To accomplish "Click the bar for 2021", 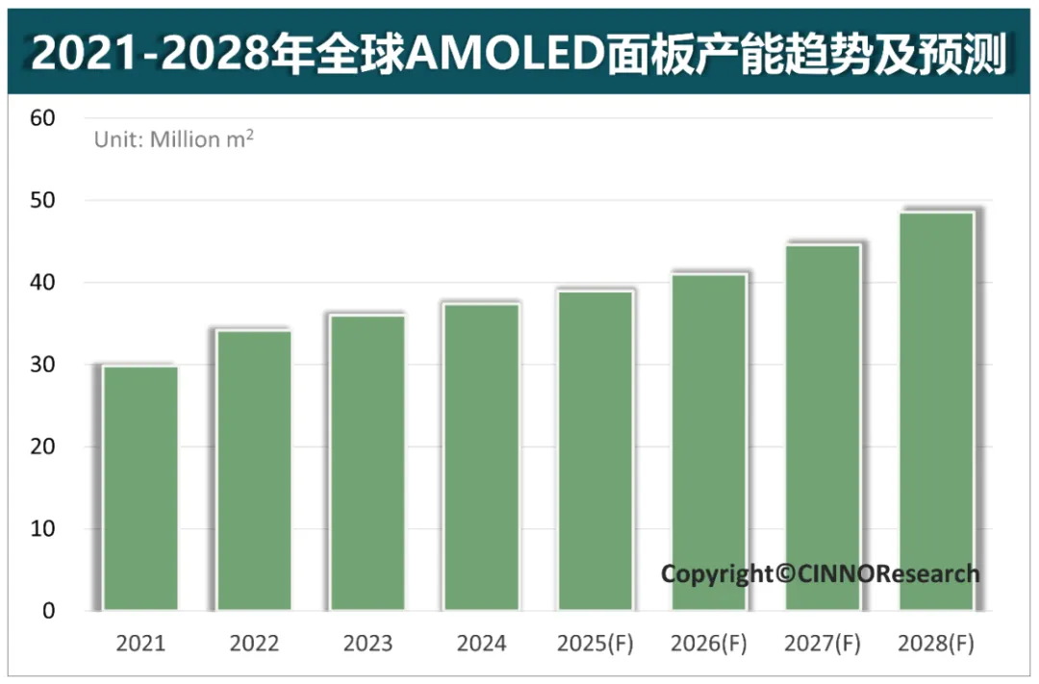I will point(140,488).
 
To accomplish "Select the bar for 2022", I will point(254,470).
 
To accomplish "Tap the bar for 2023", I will point(367,463).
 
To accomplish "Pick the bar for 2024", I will point(482,457).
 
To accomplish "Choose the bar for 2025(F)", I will point(596,450).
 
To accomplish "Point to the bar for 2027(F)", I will point(823,427).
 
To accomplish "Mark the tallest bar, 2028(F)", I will point(936,411).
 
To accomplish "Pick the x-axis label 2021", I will point(140,644).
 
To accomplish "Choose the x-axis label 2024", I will point(482,644).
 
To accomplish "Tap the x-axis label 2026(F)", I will point(709,644).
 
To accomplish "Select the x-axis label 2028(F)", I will point(936,644).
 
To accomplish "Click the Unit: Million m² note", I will point(174,139).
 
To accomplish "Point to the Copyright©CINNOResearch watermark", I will point(820,574).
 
